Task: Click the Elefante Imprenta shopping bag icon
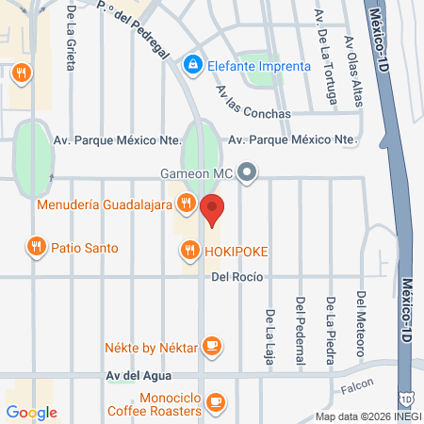coord(193,65)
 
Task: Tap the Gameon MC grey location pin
coord(248,171)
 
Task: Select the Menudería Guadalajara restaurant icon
coord(187,203)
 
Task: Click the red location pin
coord(213,209)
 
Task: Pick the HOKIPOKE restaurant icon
coord(187,250)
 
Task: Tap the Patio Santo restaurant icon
coord(37,248)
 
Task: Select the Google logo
coord(31,412)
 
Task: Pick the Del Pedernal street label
coord(301,326)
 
